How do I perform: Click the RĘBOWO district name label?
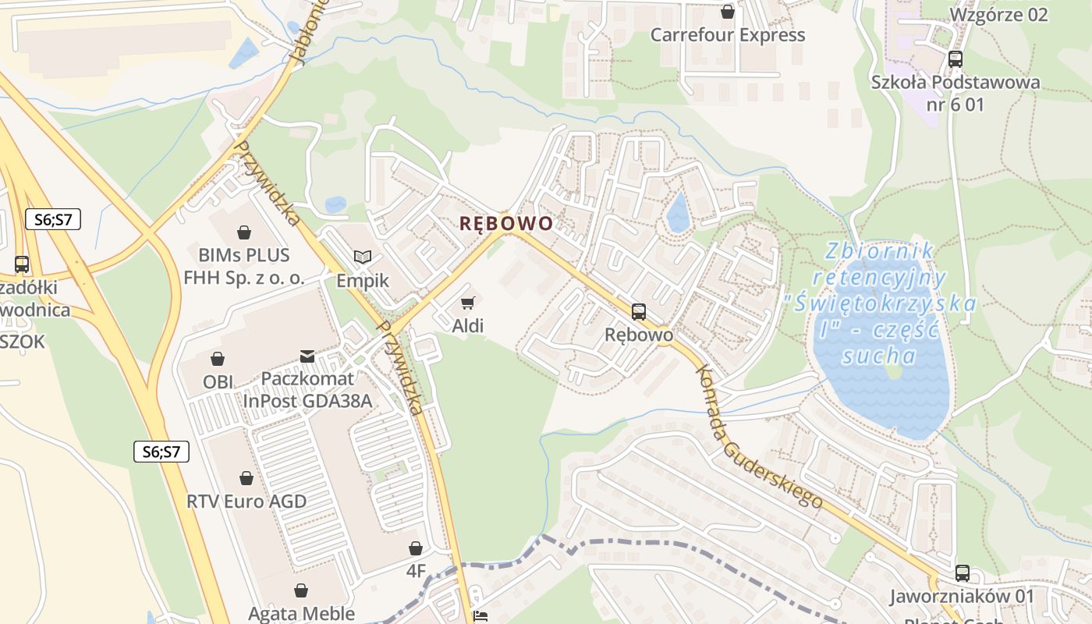point(505,224)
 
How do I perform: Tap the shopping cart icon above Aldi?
point(467,303)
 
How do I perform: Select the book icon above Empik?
point(363,257)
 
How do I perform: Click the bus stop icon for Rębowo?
point(639,312)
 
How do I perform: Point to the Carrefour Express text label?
point(727,35)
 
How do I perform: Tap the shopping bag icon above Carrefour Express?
point(728,12)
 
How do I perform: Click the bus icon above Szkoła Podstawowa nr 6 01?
point(955,59)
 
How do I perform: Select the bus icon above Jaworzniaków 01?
point(962,573)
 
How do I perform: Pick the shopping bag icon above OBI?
point(218,359)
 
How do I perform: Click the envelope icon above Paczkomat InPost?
point(307,356)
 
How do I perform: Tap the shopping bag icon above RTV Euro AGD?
point(246,478)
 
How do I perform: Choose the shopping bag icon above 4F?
point(416,548)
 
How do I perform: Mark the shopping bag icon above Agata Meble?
point(301,591)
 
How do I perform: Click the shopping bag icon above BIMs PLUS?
point(244,232)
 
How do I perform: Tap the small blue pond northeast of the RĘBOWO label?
point(679,212)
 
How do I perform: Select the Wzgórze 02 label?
point(998,14)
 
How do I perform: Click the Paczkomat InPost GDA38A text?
point(307,389)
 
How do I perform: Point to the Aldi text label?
point(468,326)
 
